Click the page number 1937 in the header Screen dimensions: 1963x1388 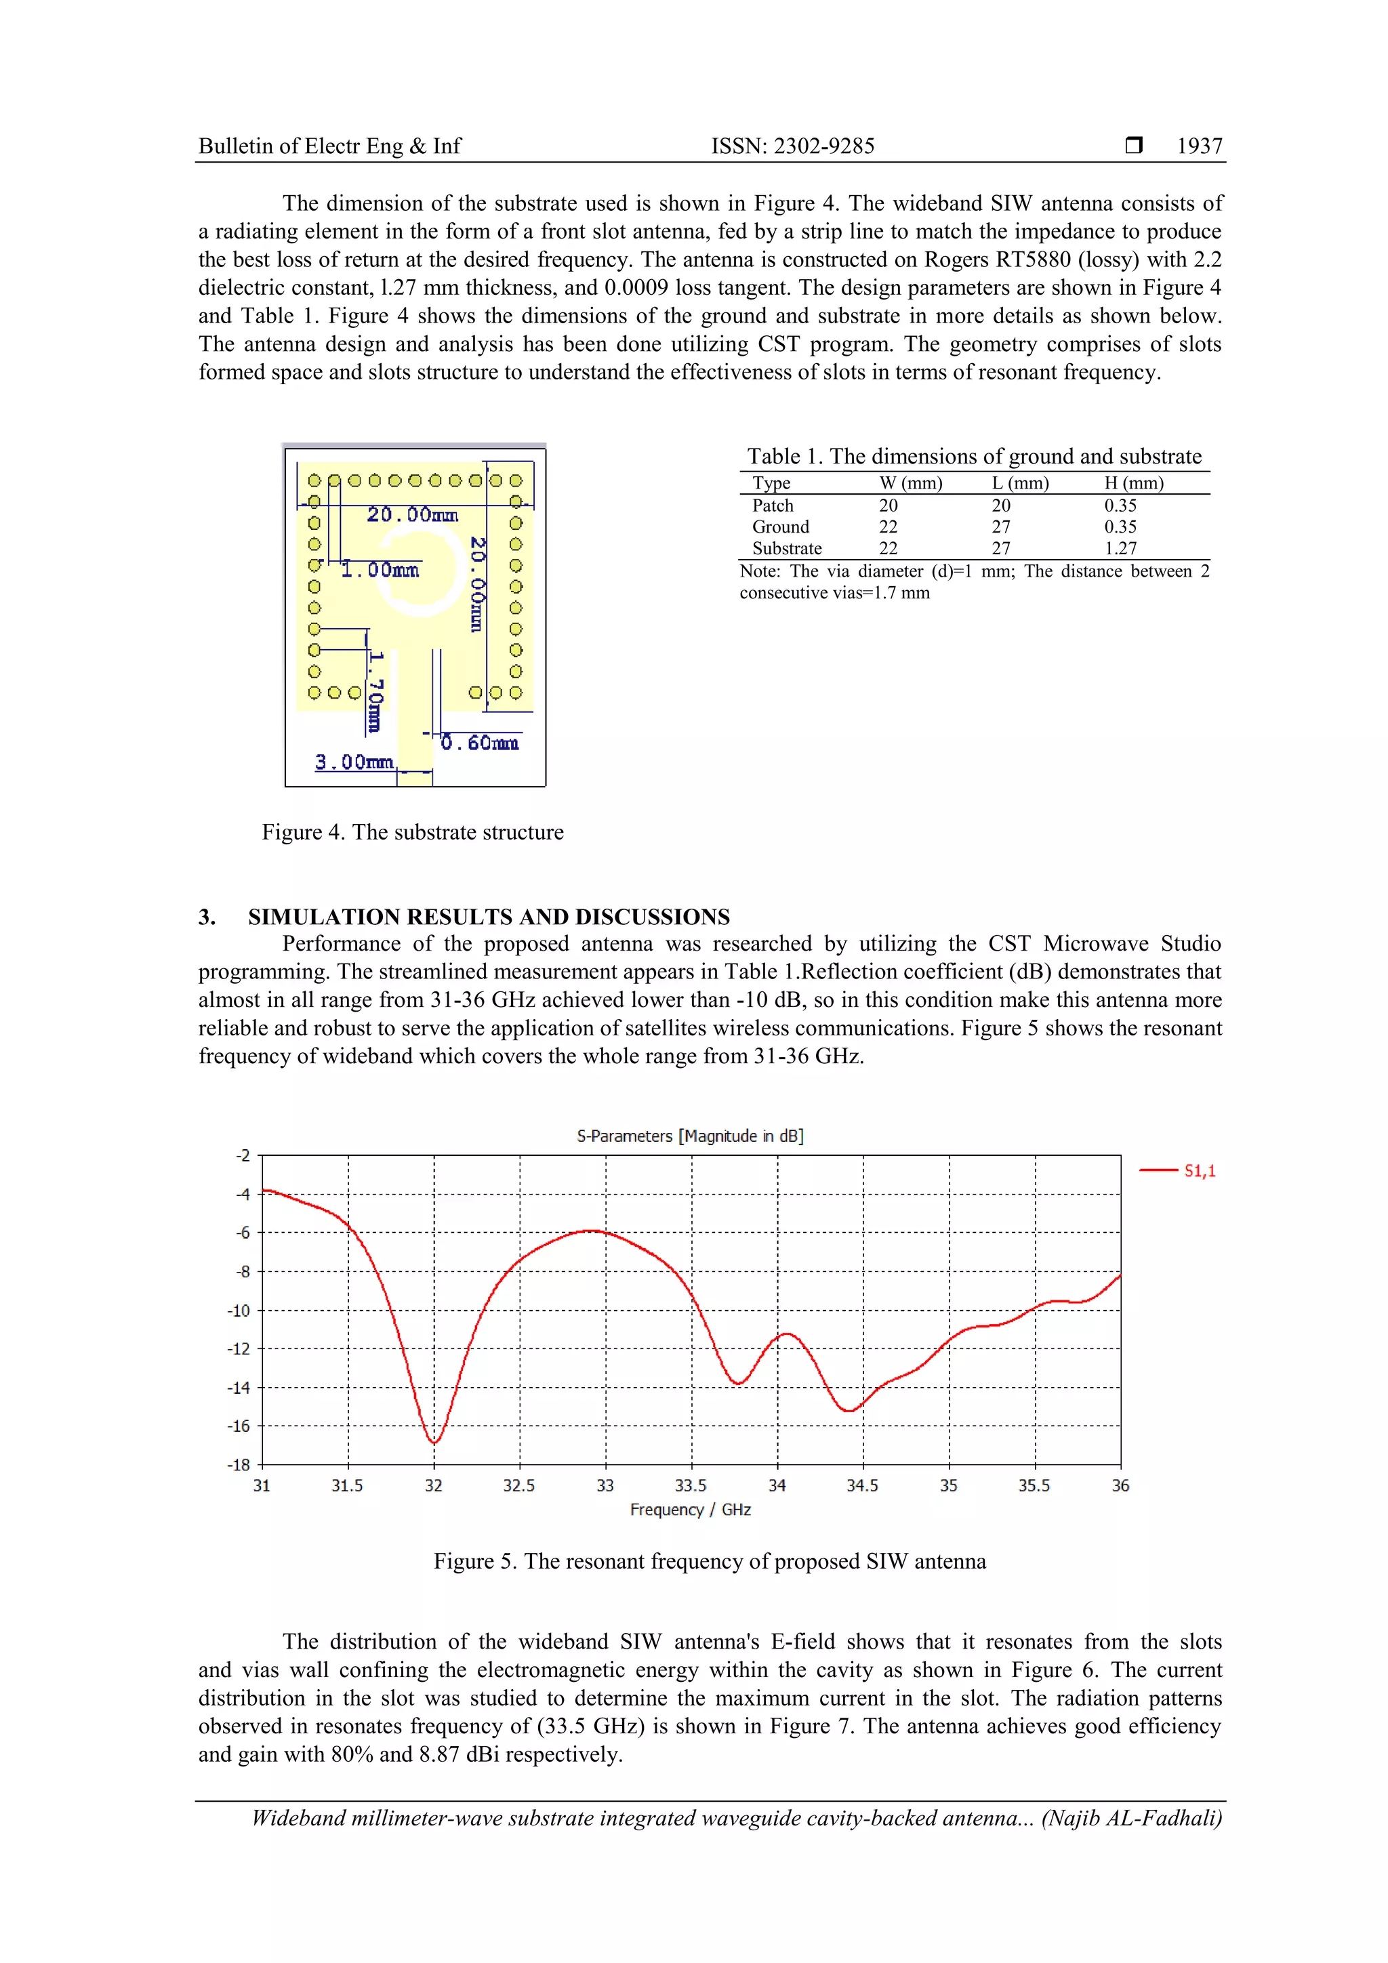click(x=1199, y=146)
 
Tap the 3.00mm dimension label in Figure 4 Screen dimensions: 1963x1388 click(x=353, y=762)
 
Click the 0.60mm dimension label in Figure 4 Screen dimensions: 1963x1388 click(x=479, y=743)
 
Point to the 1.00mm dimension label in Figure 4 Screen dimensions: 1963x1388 click(x=380, y=569)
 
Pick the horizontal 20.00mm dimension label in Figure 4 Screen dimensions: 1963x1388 click(x=412, y=515)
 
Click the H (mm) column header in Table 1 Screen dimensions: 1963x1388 click(x=1133, y=483)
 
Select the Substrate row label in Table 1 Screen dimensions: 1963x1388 click(x=787, y=548)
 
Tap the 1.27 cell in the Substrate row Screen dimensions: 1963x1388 click(x=1120, y=548)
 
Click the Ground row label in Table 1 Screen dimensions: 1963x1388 click(x=780, y=526)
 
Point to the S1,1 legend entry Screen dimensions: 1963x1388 click(x=1198, y=1170)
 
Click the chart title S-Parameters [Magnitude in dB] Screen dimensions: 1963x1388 click(x=689, y=1136)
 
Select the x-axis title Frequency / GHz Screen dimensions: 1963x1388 click(x=690, y=1510)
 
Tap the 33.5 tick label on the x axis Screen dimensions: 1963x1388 click(x=690, y=1486)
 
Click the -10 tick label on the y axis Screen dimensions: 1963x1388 click(x=239, y=1310)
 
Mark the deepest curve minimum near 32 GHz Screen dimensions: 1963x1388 click(x=434, y=1443)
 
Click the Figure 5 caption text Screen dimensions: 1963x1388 click(x=709, y=1561)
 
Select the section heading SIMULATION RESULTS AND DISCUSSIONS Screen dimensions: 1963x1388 click(x=489, y=917)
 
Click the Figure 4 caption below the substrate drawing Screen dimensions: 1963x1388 click(x=412, y=832)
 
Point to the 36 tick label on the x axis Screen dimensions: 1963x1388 click(x=1120, y=1486)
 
